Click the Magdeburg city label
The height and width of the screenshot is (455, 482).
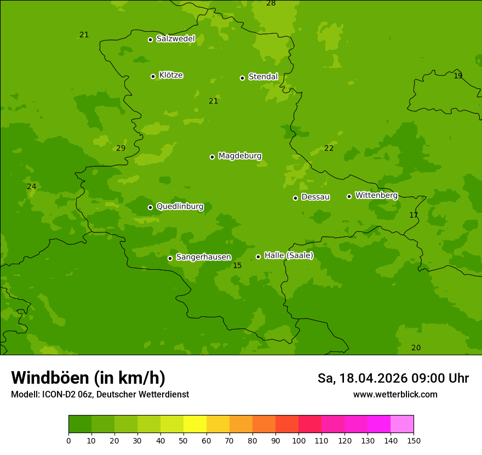[240, 156]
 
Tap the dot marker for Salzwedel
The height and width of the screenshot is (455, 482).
[150, 39]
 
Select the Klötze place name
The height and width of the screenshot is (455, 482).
[171, 75]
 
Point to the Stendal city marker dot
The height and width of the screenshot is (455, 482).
[242, 78]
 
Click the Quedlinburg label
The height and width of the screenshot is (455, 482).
[180, 207]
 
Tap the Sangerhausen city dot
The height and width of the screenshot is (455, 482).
[170, 258]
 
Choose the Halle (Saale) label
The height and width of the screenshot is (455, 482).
[289, 255]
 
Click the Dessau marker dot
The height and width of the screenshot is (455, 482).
[295, 198]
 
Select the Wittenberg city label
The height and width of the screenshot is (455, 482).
[376, 195]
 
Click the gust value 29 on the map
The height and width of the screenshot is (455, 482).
[121, 149]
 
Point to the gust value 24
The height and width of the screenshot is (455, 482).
[32, 187]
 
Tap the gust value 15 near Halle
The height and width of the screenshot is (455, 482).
[237, 266]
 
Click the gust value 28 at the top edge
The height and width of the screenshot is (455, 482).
[271, 4]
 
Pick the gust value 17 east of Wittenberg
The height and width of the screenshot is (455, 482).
[414, 215]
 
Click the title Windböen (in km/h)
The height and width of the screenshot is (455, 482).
[88, 378]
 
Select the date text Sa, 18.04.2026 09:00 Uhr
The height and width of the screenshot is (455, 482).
[393, 378]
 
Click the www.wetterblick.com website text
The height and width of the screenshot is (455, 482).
[395, 395]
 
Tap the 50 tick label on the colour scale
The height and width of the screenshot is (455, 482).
[183, 441]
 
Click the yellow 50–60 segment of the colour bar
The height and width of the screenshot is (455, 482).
[195, 424]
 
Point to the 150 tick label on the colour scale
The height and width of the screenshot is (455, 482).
[414, 441]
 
